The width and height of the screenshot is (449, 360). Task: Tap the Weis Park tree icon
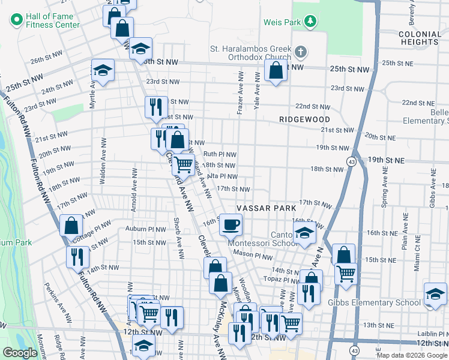(x=310, y=22)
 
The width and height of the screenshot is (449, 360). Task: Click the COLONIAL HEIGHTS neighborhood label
(x=419, y=38)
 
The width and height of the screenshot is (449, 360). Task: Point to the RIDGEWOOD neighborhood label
(x=304, y=119)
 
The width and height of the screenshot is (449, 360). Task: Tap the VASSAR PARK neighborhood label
(x=266, y=208)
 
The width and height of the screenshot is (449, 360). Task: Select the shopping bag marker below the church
(x=275, y=71)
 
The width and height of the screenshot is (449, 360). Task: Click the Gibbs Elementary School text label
(x=374, y=302)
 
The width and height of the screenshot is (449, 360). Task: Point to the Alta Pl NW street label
(x=221, y=176)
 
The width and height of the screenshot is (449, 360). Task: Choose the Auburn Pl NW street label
(x=145, y=229)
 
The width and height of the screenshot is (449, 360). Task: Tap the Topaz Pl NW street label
(x=285, y=280)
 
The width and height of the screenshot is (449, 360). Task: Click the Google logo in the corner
(x=20, y=353)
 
